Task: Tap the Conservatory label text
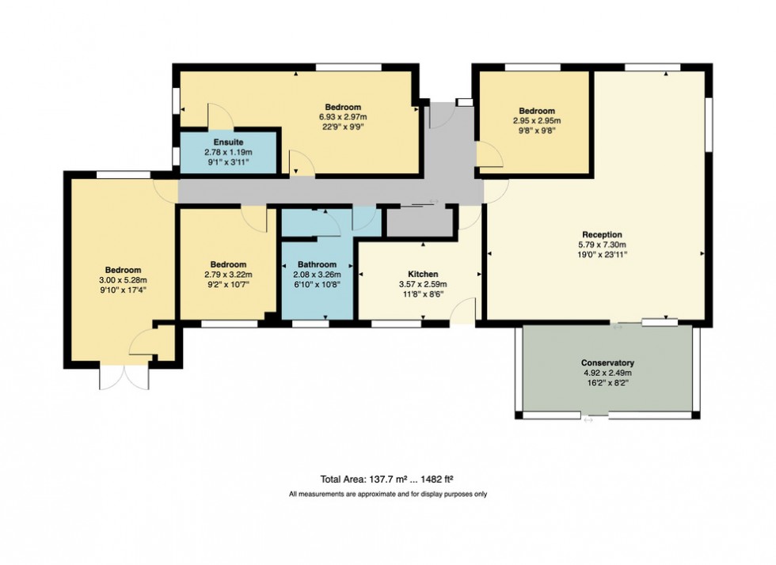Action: tap(607, 362)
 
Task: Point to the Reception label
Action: tap(602, 234)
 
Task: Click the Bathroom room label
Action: tap(317, 264)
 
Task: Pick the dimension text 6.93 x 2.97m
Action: tap(343, 117)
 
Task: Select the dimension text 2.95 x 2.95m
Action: tap(536, 121)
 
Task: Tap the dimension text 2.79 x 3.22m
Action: tap(228, 275)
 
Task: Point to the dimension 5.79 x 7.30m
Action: tap(602, 245)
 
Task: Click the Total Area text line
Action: tap(387, 478)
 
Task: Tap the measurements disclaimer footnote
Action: tap(387, 494)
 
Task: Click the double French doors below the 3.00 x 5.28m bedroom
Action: tap(124, 377)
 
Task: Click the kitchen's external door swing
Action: tap(464, 310)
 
